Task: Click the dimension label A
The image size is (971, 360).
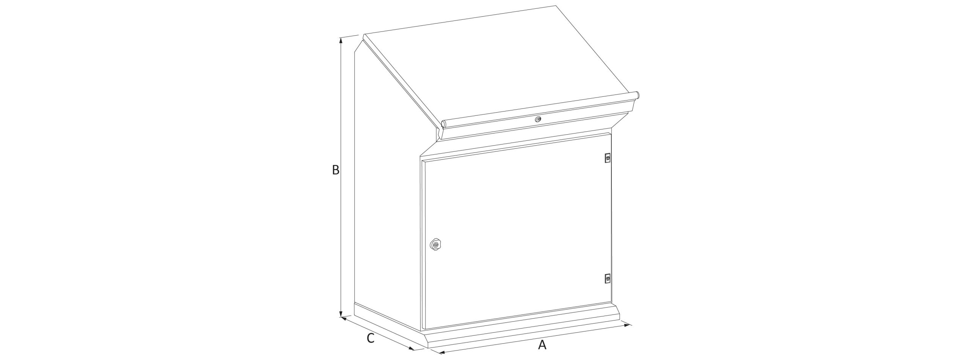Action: [542, 345]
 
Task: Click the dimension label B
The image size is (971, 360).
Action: [335, 170]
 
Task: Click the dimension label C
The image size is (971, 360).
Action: [371, 338]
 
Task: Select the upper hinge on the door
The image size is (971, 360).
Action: [608, 158]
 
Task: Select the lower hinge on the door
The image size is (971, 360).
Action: [607, 278]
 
